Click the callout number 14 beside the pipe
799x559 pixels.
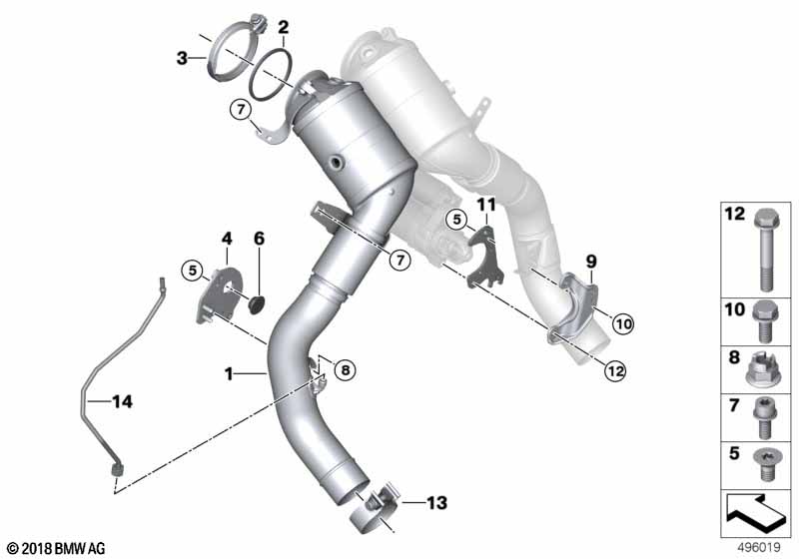point(122,401)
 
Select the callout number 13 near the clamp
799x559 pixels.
point(436,503)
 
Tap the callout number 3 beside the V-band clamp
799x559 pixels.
point(182,59)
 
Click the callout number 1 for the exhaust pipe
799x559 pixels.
point(229,374)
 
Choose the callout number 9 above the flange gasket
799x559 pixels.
point(591,262)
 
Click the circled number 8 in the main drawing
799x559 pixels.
point(346,370)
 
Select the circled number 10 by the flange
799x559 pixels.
point(623,323)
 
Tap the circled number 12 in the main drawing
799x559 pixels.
point(615,371)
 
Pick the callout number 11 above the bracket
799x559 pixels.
point(486,206)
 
